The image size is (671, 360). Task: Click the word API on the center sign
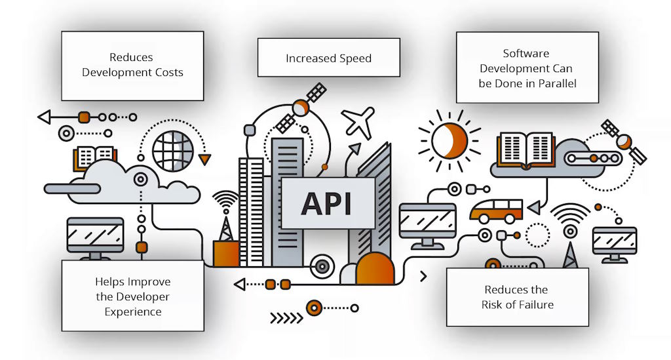click(x=326, y=203)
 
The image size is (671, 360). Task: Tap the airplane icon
click(x=358, y=121)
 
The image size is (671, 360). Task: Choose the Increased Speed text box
click(x=328, y=58)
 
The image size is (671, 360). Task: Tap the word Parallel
click(x=555, y=83)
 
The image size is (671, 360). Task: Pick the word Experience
click(x=133, y=311)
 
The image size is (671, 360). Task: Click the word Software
click(x=526, y=53)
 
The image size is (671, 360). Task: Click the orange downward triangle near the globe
click(x=206, y=159)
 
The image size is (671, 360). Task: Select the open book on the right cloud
click(x=526, y=148)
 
